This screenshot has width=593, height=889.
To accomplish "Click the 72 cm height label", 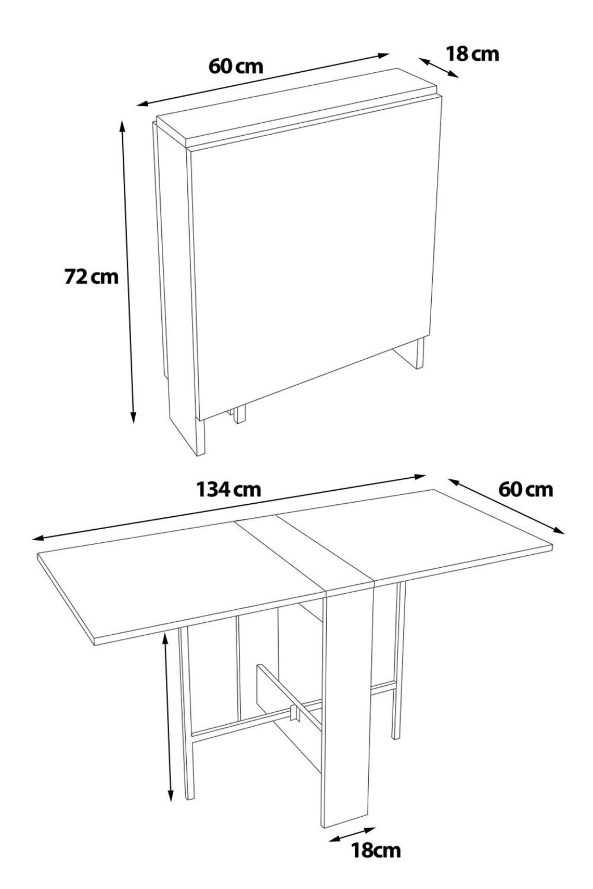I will (91, 277).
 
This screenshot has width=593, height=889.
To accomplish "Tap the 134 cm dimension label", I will (228, 489).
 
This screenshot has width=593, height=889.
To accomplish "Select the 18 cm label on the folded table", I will (472, 54).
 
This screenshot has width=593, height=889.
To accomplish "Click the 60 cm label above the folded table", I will (236, 66).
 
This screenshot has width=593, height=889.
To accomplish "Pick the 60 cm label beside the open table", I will (525, 489).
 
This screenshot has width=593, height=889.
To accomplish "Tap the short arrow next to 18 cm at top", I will (440, 68).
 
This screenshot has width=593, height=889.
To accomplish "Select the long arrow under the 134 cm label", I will (229, 507).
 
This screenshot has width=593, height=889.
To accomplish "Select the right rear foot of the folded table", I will (419, 354).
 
